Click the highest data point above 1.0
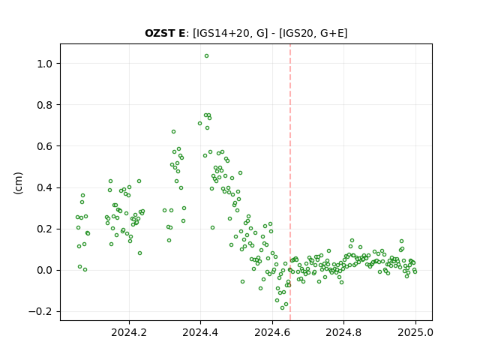click(207, 56)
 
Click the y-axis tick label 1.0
click(44, 64)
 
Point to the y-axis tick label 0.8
click(44, 105)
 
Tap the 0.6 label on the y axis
click(44, 146)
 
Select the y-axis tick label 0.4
click(44, 187)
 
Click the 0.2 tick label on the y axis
click(44, 229)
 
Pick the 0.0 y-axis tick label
click(44, 270)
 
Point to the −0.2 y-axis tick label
click(40, 312)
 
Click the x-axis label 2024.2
click(129, 332)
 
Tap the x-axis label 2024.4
click(200, 332)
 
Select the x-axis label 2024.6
click(272, 332)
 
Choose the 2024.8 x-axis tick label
click(343, 332)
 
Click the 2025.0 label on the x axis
click(415, 332)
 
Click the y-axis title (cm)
click(18, 183)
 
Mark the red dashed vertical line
click(290, 182)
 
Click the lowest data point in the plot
click(282, 308)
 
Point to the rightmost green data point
click(415, 271)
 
